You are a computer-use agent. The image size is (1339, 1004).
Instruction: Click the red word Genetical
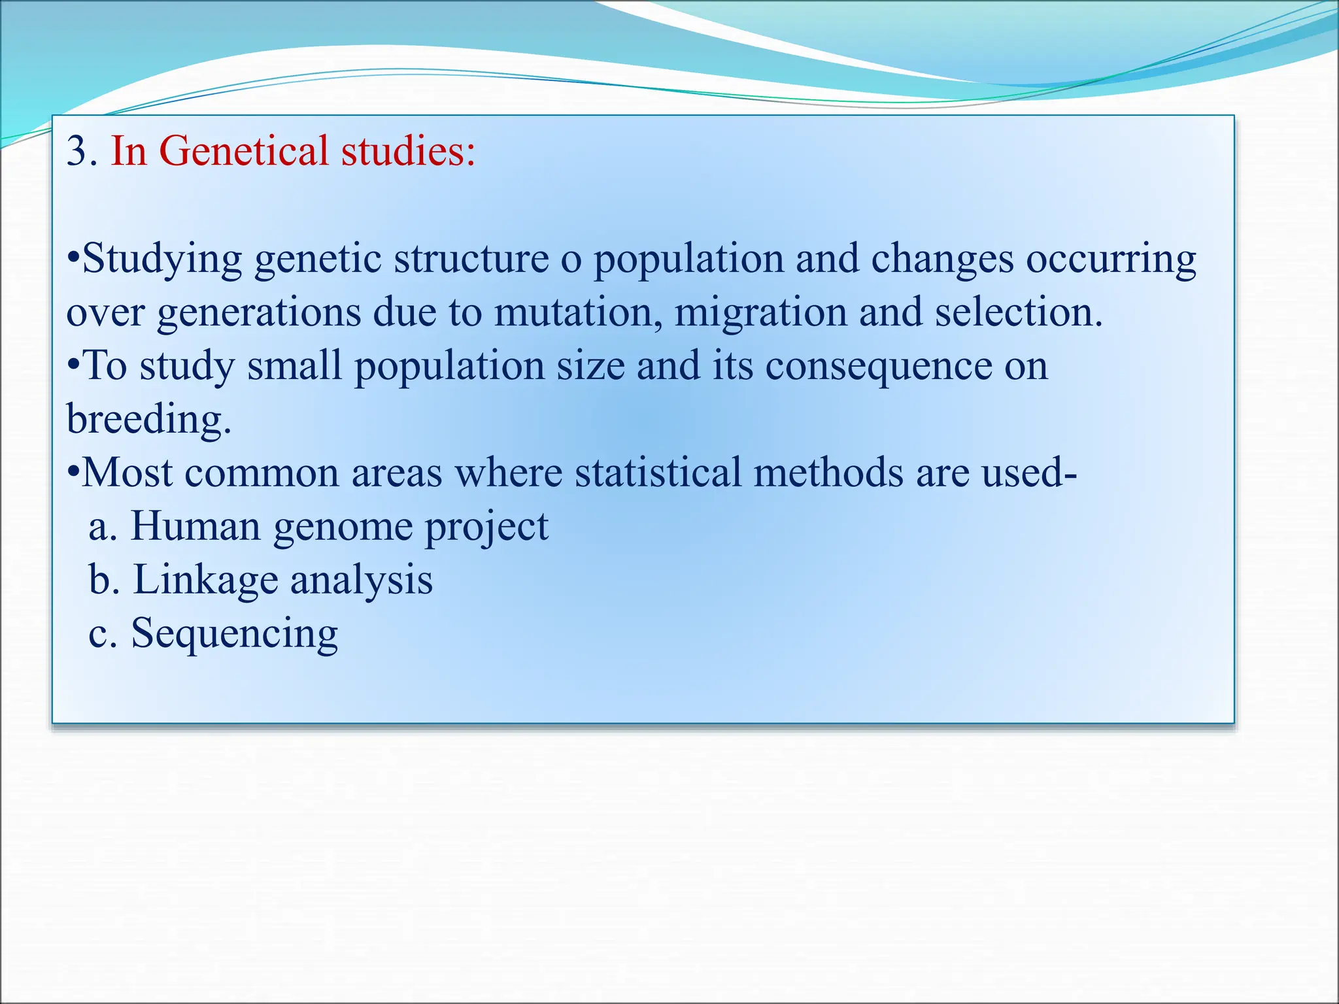pyautogui.click(x=243, y=151)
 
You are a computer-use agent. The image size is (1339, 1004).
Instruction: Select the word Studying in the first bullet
pyautogui.click(x=162, y=259)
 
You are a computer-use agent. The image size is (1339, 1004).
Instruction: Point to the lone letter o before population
pyautogui.click(x=571, y=260)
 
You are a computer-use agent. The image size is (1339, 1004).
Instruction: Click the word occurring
pyautogui.click(x=1111, y=259)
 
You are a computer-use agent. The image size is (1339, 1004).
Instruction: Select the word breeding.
pyautogui.click(x=148, y=420)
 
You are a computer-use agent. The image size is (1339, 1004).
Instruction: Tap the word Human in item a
pyautogui.click(x=195, y=526)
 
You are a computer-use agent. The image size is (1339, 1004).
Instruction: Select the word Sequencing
pyautogui.click(x=234, y=634)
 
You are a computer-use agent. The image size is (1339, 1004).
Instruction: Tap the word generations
pyautogui.click(x=259, y=312)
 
